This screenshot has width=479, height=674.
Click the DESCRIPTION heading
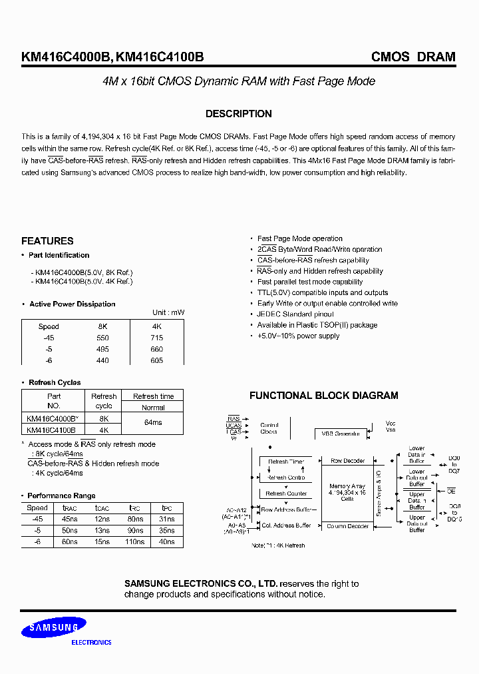238,114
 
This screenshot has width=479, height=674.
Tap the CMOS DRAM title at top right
412,57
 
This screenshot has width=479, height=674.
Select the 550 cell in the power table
102,338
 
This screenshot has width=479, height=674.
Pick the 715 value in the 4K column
157,338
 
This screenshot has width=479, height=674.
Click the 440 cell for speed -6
102,360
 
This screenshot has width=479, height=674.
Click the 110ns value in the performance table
135,542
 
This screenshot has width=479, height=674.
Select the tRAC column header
69,507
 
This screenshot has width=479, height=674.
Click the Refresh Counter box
286,494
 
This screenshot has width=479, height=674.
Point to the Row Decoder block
347,461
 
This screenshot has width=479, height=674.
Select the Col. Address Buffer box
286,525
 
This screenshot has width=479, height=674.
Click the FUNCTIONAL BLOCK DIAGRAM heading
323,396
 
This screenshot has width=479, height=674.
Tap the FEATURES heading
47,241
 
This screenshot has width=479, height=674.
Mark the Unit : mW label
168,312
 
